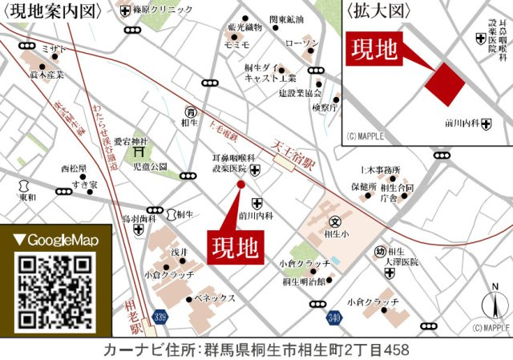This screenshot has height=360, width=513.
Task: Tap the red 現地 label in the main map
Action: coord(236,247)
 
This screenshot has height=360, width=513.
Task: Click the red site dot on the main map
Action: coord(241,185)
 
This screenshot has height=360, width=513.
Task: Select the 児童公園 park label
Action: coord(150,167)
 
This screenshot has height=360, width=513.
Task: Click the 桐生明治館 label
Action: coord(304,281)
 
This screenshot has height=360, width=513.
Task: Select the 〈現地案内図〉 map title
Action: coord(55,11)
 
